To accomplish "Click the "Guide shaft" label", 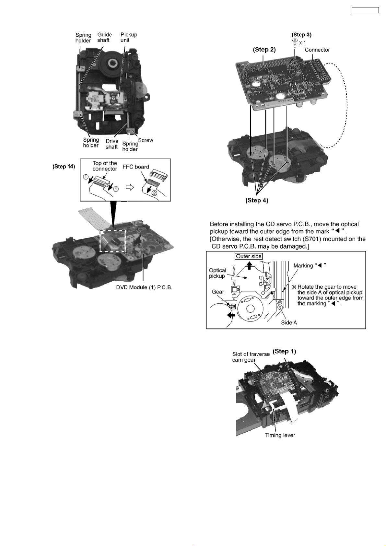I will [104, 37].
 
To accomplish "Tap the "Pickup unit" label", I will [129, 37].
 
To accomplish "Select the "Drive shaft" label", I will [112, 144].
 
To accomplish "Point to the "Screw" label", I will [146, 140].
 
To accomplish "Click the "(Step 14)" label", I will [64, 167].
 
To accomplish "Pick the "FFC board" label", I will [136, 167].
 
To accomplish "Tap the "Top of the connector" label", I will [105, 166].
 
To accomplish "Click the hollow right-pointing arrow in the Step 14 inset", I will [130, 187].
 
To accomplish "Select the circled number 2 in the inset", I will [155, 193].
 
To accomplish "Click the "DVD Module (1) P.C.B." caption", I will [144, 288].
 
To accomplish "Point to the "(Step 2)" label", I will [264, 50].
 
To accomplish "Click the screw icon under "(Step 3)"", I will [295, 43].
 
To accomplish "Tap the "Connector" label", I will [317, 50].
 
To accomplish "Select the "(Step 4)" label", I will [257, 200].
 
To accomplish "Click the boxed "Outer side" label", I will [249, 256].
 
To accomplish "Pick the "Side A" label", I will [289, 322].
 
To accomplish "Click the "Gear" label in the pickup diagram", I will [218, 292].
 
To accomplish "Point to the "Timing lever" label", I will [280, 435].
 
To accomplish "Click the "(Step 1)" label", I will [284, 351].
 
